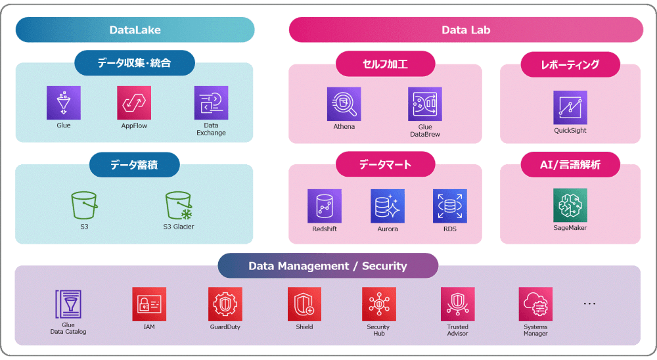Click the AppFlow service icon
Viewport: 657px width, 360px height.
click(x=134, y=103)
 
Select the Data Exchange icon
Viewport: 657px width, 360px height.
click(x=211, y=103)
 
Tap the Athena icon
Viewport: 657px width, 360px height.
click(x=344, y=104)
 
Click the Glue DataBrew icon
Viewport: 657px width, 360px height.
click(x=424, y=104)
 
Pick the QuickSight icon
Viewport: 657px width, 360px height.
click(x=570, y=107)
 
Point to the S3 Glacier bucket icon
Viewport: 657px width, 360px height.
click(x=179, y=206)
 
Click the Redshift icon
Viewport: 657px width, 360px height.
click(x=325, y=206)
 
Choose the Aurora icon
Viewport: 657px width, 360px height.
click(x=388, y=206)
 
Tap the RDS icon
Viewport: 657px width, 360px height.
click(x=450, y=206)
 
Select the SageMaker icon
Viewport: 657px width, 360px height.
click(x=570, y=206)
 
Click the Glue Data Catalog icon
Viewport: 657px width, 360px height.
click(x=68, y=304)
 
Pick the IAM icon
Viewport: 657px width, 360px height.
click(x=149, y=304)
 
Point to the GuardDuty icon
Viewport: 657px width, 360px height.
click(x=225, y=304)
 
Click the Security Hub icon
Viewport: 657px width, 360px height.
click(x=378, y=304)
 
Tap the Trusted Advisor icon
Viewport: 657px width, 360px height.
click(x=457, y=304)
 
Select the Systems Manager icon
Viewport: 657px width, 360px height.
click(x=535, y=304)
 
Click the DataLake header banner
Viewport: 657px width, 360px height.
click(x=135, y=30)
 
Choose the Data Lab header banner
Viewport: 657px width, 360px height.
click(x=466, y=30)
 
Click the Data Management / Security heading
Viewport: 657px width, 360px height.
click(x=327, y=266)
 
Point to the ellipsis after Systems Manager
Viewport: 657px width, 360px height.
click(x=589, y=304)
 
